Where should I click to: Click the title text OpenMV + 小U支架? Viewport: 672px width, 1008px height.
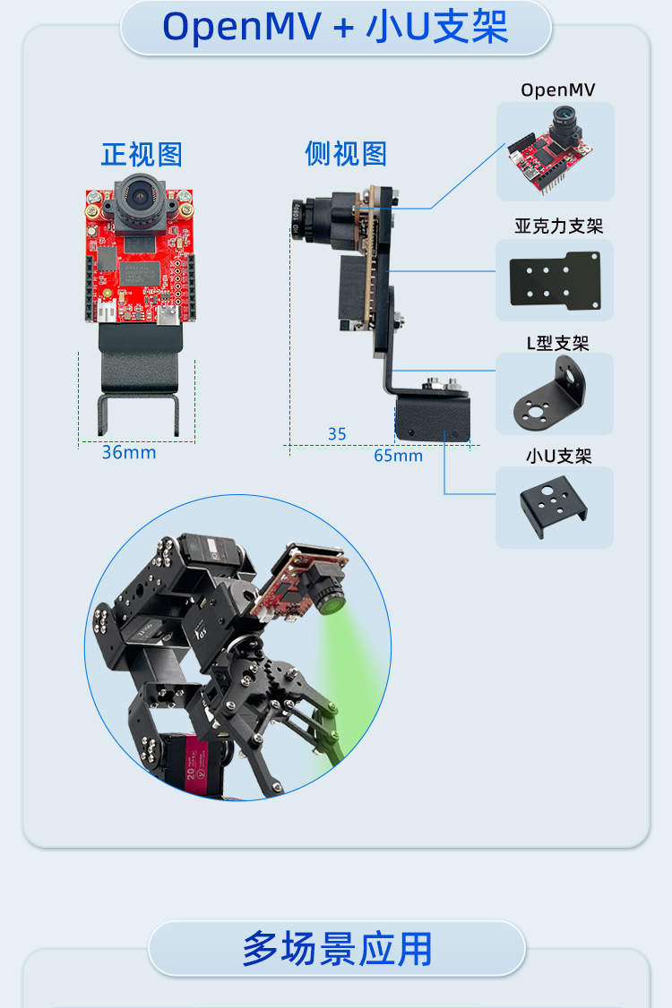pyautogui.click(x=335, y=28)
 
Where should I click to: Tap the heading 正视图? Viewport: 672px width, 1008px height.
pyautogui.click(x=142, y=154)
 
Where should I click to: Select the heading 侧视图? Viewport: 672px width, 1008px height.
pyautogui.click(x=346, y=154)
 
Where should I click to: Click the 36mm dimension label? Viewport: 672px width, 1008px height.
pyautogui.click(x=129, y=453)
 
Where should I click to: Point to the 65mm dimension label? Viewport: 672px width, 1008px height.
pyautogui.click(x=399, y=456)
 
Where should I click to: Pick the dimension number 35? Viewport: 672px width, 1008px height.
pyautogui.click(x=337, y=434)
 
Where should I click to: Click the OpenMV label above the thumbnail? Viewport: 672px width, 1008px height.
pyautogui.click(x=557, y=90)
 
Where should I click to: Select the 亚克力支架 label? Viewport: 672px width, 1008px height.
pyautogui.click(x=559, y=226)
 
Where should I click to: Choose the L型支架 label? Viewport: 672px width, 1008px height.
pyautogui.click(x=557, y=343)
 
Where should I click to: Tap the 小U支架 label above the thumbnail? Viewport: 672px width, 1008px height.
pyautogui.click(x=558, y=456)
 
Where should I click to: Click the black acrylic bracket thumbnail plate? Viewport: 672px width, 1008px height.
pyautogui.click(x=555, y=280)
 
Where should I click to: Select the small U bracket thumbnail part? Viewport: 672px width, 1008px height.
pyautogui.click(x=554, y=505)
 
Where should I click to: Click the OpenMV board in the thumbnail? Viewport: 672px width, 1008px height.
pyautogui.click(x=550, y=151)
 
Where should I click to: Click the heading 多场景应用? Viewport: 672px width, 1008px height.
pyautogui.click(x=337, y=949)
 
